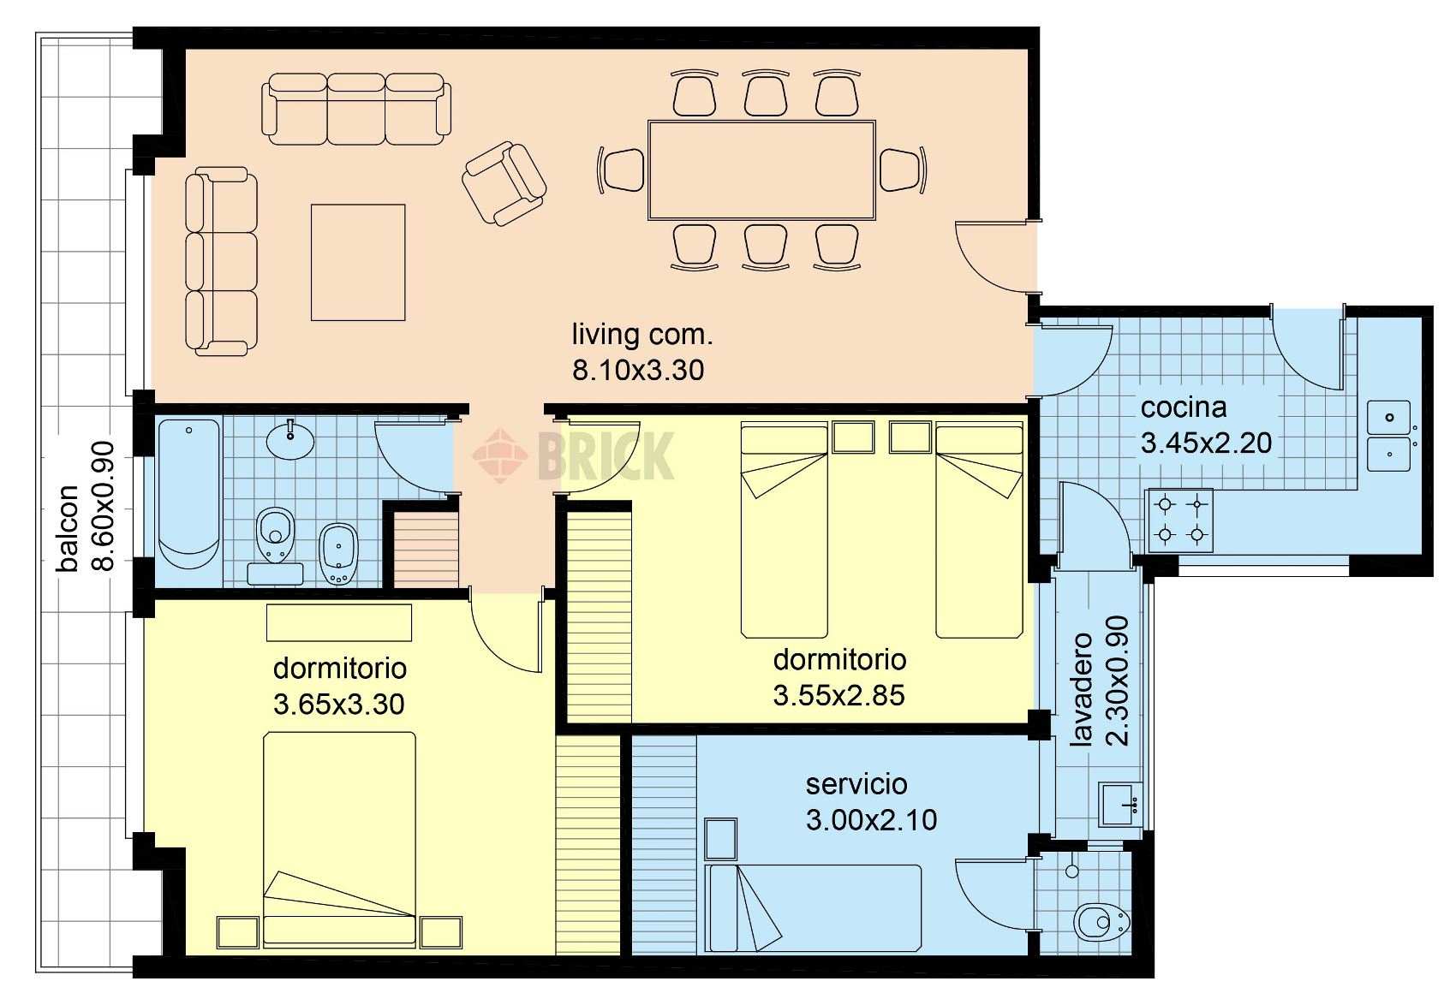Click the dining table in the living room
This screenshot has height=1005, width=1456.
(761, 170)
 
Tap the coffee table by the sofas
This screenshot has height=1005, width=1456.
(358, 263)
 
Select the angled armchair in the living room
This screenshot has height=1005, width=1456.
(504, 184)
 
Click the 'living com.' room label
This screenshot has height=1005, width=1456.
(642, 335)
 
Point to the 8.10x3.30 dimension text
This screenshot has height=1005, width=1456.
(638, 371)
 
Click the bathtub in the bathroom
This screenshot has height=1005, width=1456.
(189, 495)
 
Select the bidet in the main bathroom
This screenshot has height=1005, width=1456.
(338, 554)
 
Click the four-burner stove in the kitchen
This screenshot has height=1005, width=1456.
(1180, 520)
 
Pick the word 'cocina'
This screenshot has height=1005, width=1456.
(1184, 408)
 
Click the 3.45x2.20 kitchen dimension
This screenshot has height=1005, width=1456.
(1207, 443)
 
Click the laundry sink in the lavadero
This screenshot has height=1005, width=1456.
(1120, 805)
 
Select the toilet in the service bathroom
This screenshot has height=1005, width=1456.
(1102, 922)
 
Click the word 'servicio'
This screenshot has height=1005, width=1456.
(856, 784)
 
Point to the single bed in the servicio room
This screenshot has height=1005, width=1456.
(813, 907)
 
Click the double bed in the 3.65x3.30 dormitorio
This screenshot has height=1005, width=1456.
(339, 838)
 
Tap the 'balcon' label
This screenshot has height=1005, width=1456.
(68, 527)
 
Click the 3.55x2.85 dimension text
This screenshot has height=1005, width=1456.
(838, 696)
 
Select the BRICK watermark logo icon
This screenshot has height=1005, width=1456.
(499, 455)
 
